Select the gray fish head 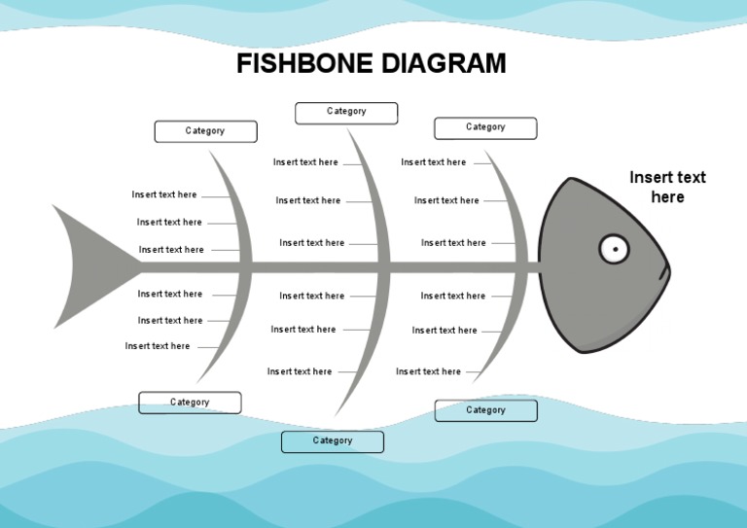tap(584, 292)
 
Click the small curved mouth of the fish tap(666, 271)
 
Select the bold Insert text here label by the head tap(667, 187)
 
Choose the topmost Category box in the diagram tap(346, 113)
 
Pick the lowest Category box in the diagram tap(333, 441)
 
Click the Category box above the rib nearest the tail tap(205, 131)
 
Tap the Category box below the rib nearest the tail tap(190, 403)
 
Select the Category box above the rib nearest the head tap(485, 127)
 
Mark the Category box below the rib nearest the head tap(485, 410)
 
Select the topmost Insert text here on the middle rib tap(305, 162)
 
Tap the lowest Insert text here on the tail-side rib tap(158, 346)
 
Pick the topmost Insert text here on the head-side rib tap(434, 162)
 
